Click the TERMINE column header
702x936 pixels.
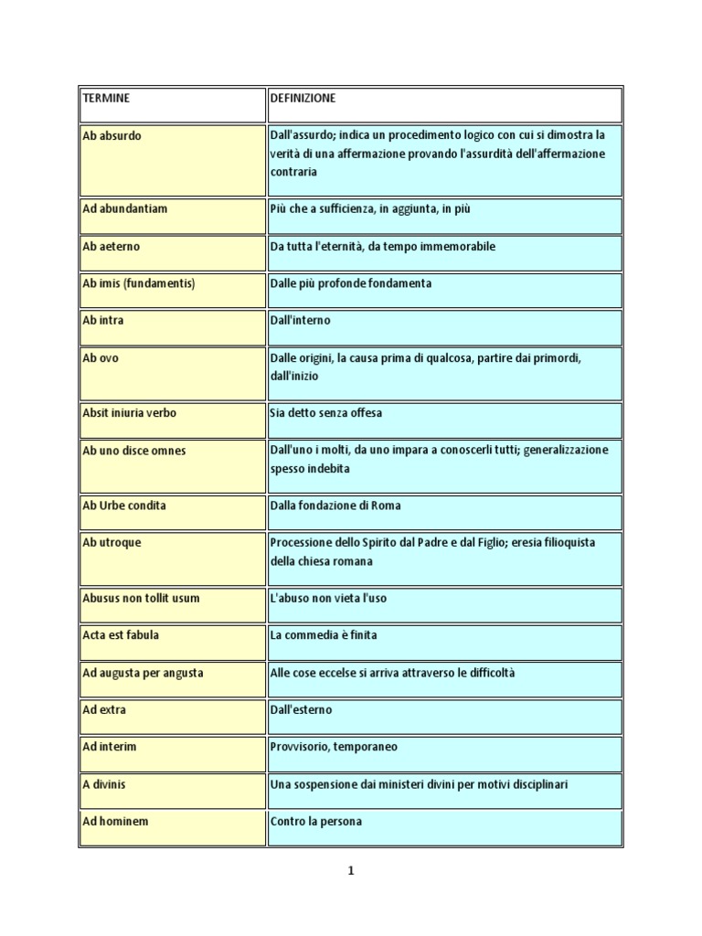point(106,98)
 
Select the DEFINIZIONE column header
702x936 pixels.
point(303,98)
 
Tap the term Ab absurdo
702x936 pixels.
point(112,135)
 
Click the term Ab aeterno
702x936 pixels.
point(112,247)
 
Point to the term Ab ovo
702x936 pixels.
point(101,358)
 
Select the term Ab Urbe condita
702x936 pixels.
point(124,505)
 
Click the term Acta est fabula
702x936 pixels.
point(121,635)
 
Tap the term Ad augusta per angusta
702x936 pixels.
point(143,673)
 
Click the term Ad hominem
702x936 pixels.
point(115,822)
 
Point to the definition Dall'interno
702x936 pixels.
point(300,321)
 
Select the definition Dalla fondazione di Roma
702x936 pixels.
point(335,505)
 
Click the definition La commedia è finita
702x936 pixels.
point(323,635)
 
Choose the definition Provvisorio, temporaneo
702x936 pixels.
point(334,747)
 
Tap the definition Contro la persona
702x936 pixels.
point(316,822)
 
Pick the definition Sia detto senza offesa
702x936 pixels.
point(326,413)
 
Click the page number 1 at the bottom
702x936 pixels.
point(350,871)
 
